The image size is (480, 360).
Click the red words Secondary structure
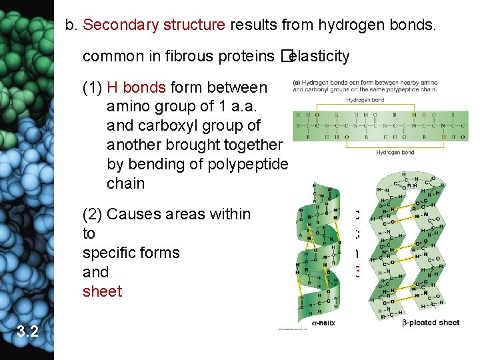coord(154,25)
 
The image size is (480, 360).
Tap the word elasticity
coord(322,56)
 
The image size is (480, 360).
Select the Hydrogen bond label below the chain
coord(395,152)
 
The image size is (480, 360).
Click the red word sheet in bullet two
coord(102,291)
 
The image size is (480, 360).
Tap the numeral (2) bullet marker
coord(92,214)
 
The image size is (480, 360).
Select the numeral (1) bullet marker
coord(92,87)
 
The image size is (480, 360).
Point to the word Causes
coord(132,214)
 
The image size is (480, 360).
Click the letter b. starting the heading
coord(72,25)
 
